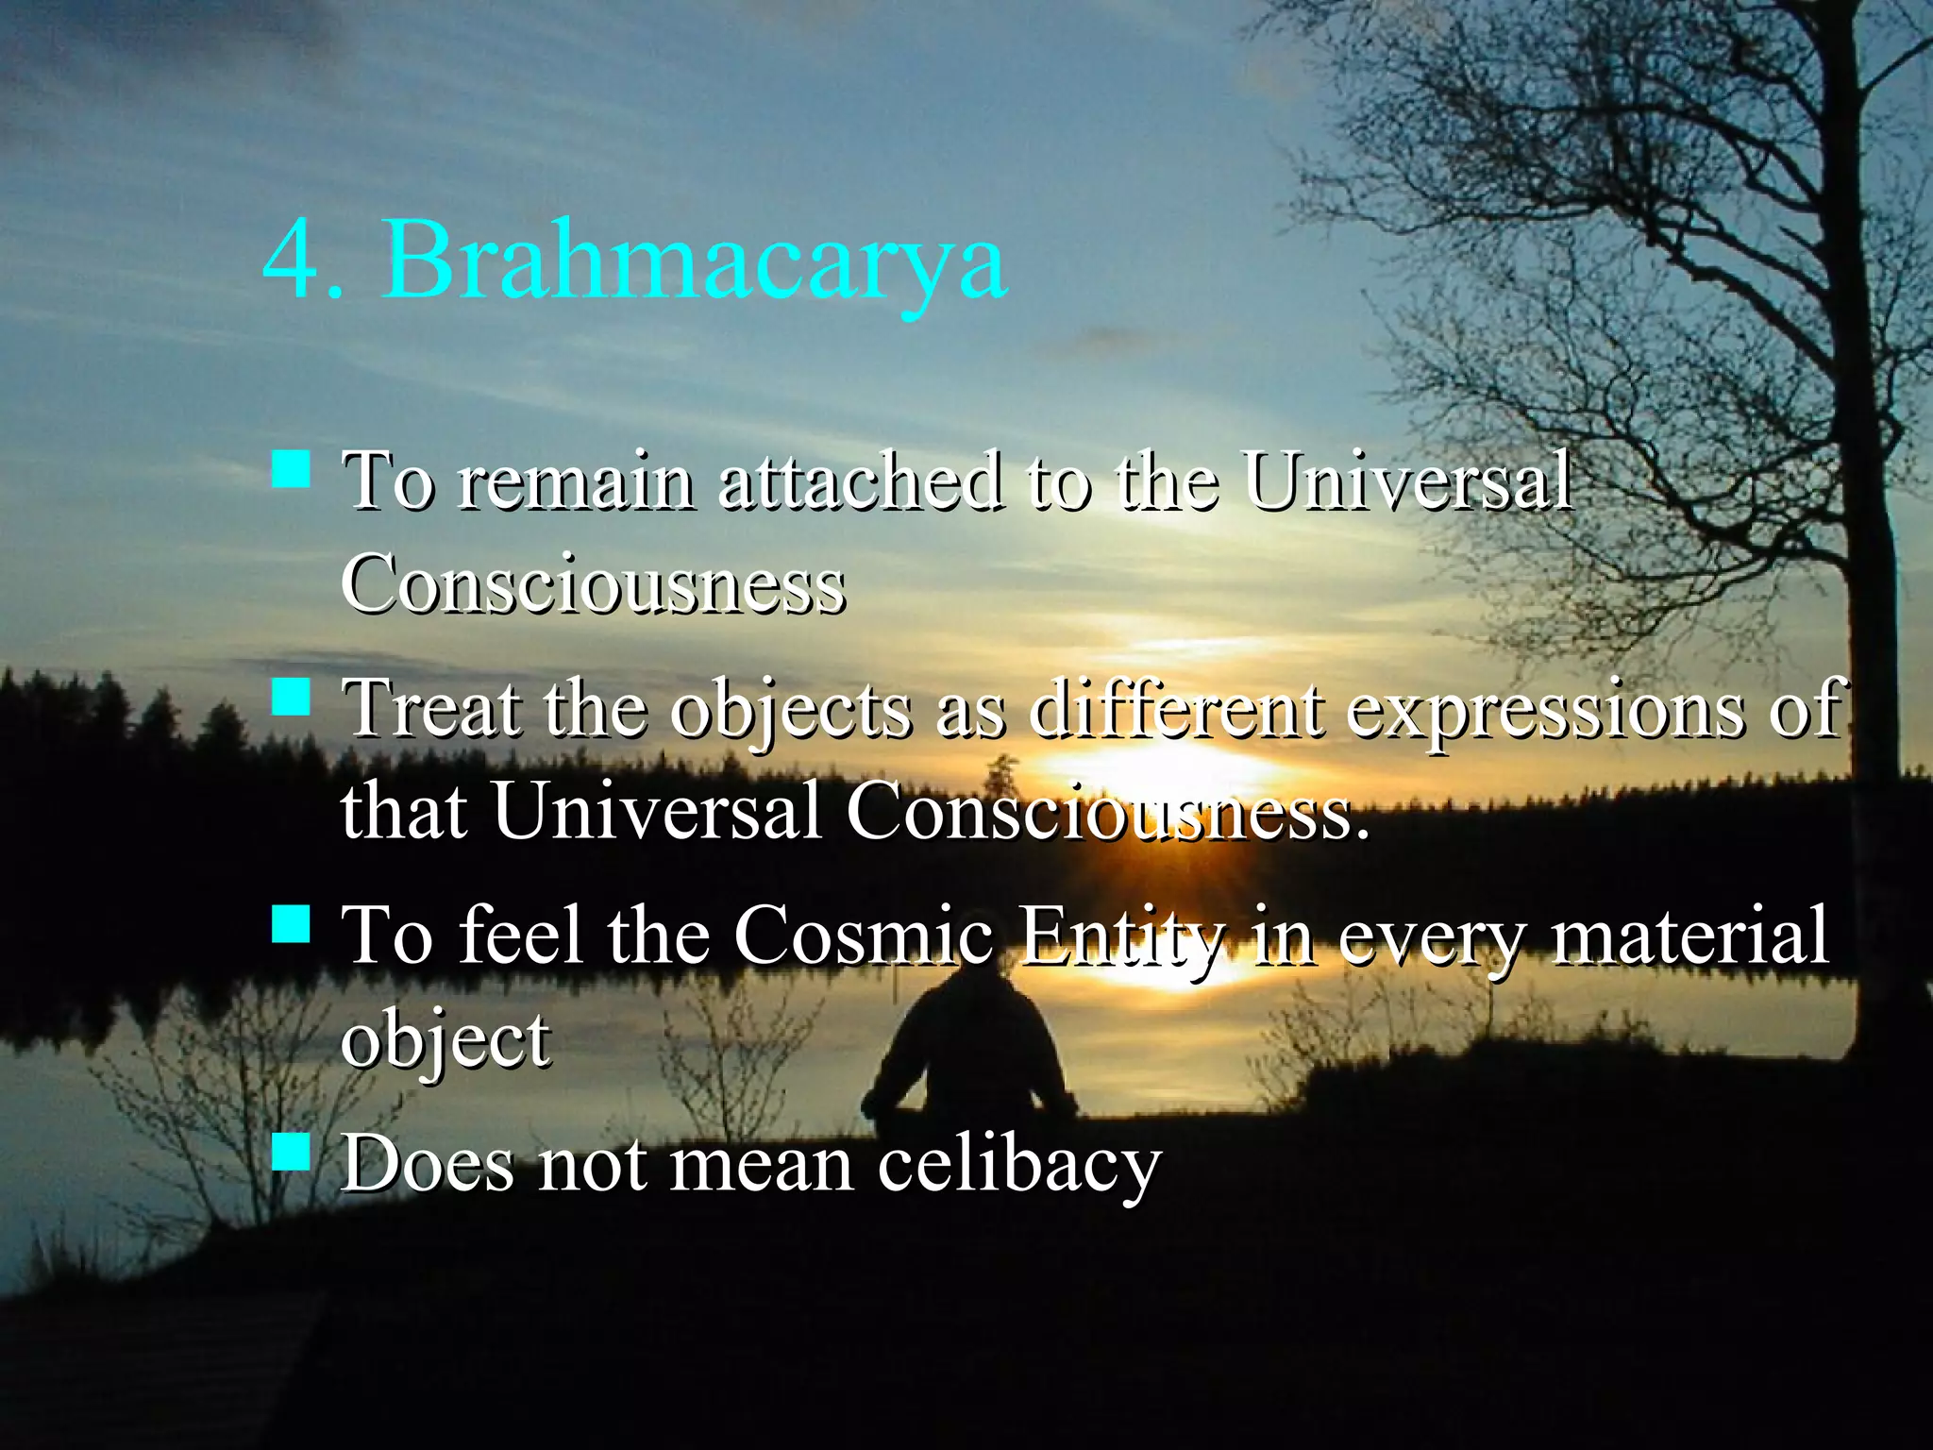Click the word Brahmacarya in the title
(x=696, y=260)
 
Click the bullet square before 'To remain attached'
(x=291, y=469)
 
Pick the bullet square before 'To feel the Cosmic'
(x=291, y=924)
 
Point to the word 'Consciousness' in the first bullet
(x=593, y=584)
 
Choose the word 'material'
(x=1690, y=935)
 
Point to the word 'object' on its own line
(x=445, y=1040)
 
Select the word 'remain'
(x=576, y=482)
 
